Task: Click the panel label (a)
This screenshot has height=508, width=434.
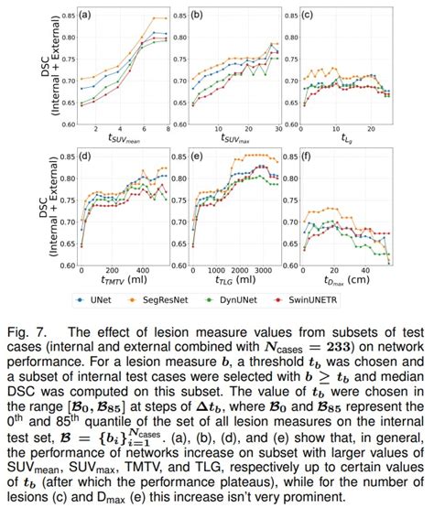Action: [84, 16]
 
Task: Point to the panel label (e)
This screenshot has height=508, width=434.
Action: [196, 157]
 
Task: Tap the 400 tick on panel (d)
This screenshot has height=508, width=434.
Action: [142, 272]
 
